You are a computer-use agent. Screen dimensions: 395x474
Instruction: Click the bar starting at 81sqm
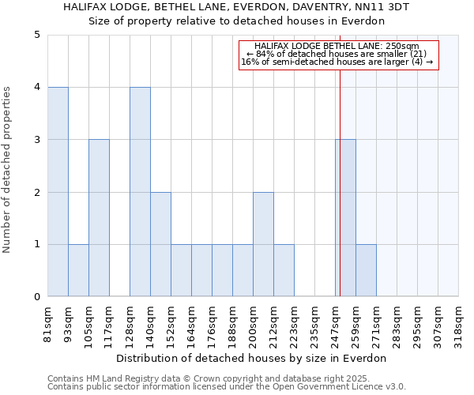(58, 192)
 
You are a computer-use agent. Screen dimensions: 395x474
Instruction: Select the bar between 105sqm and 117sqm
(99, 218)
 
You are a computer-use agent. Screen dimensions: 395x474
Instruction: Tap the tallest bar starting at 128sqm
(140, 192)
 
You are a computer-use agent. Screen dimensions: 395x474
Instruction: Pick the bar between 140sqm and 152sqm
(160, 244)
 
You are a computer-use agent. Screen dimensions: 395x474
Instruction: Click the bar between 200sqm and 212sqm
(263, 244)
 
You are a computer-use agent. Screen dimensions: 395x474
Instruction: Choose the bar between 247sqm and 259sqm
(345, 218)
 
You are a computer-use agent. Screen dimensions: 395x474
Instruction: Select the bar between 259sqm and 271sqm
(366, 270)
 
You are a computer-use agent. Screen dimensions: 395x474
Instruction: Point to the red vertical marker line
(340, 182)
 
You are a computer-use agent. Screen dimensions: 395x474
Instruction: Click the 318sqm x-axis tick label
(459, 325)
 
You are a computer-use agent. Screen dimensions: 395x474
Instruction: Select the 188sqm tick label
(233, 325)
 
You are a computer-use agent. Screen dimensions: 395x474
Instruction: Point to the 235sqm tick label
(315, 325)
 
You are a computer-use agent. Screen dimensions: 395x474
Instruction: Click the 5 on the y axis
(36, 35)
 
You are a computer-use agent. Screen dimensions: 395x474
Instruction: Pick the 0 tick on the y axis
(36, 297)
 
